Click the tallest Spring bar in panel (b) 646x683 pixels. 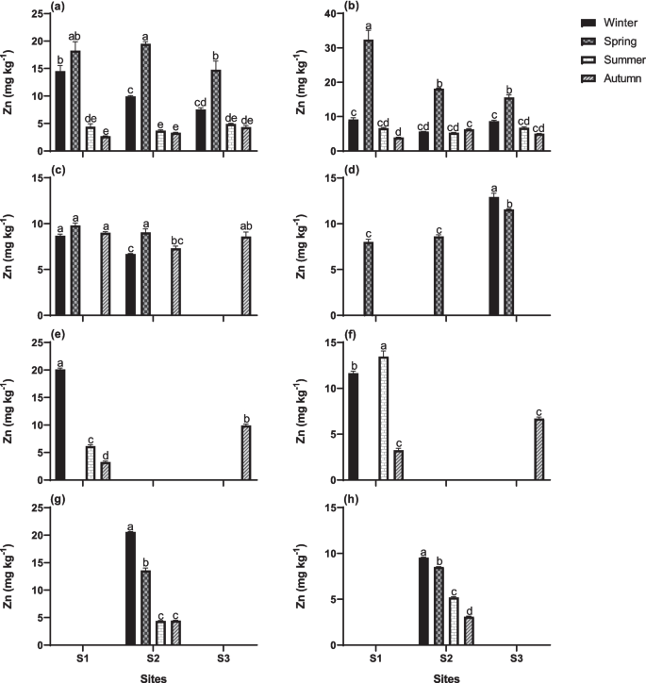click(x=368, y=95)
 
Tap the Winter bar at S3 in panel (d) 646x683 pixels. click(x=493, y=256)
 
